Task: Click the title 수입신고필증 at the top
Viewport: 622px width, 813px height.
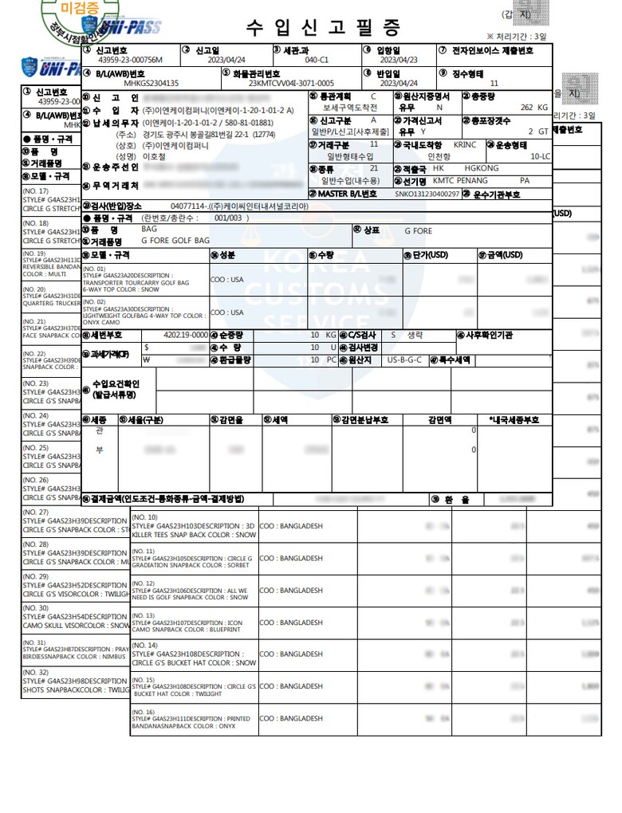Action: coord(322,29)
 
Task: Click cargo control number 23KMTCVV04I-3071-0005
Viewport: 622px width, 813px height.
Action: coord(291,83)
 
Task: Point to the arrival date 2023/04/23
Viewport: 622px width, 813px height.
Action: coord(399,60)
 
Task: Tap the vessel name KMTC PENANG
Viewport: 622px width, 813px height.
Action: coord(460,181)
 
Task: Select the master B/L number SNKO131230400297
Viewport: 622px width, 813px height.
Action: coord(427,194)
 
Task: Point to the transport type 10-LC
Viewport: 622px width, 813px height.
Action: coord(540,156)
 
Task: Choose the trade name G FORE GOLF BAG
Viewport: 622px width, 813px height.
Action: coord(175,240)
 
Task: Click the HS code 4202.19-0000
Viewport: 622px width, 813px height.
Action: coord(185,336)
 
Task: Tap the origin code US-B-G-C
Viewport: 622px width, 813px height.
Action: coord(405,359)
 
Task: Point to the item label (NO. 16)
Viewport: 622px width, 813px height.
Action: coord(144,712)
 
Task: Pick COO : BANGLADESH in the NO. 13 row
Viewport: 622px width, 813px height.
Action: coord(291,623)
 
